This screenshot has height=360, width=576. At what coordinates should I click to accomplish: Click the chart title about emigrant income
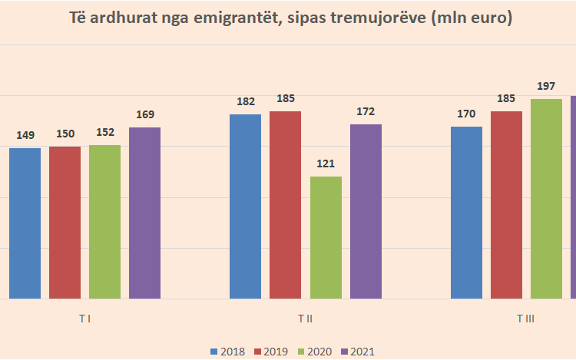tap(288, 18)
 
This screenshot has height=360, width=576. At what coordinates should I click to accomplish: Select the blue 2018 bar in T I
tap(25, 223)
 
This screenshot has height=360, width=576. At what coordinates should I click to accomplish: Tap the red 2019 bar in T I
tap(65, 222)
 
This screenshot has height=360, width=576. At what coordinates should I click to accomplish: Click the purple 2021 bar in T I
tap(144, 213)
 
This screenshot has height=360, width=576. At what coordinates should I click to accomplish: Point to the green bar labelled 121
tap(326, 237)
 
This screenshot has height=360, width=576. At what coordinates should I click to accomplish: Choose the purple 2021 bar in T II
tap(366, 211)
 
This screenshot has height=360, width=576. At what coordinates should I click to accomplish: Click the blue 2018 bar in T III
tap(466, 212)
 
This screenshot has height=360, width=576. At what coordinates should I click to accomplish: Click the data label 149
tap(25, 136)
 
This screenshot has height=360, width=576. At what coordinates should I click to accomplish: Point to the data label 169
tap(144, 115)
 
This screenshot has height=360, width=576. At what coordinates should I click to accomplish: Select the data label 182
tap(245, 102)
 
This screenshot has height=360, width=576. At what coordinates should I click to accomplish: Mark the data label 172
tap(366, 111)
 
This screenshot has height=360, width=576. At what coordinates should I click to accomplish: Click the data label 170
tap(466, 114)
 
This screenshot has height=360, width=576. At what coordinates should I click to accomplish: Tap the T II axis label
tap(305, 318)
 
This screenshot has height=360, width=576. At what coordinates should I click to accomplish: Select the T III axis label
tap(525, 318)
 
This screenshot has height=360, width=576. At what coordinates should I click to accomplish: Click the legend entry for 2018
tap(227, 352)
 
